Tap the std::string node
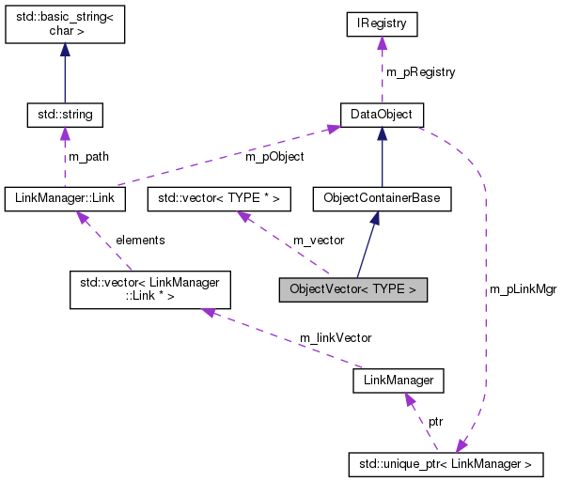coord(64,115)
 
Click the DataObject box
coord(381,115)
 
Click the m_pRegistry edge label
coord(420,72)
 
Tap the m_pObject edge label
coord(274,157)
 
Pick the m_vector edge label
coord(318,241)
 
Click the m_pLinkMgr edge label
coord(523,289)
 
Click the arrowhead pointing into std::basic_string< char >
coord(64,56)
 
